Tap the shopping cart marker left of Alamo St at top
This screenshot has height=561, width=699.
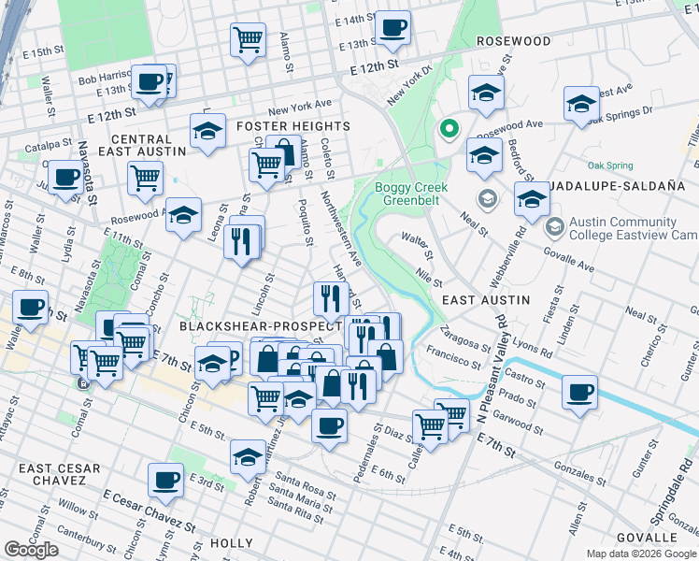[248, 39]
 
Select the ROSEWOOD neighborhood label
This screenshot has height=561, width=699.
[513, 42]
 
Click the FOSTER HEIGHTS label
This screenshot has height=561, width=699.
[292, 126]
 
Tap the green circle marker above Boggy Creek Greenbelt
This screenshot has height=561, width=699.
[449, 129]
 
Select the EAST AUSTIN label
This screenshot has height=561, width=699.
[485, 300]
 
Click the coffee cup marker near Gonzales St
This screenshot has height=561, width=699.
[579, 392]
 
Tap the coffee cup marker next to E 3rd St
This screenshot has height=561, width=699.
[165, 480]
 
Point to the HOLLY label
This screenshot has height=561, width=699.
[231, 542]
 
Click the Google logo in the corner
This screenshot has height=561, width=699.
[31, 550]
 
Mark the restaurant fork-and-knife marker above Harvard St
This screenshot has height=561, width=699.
[329, 298]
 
